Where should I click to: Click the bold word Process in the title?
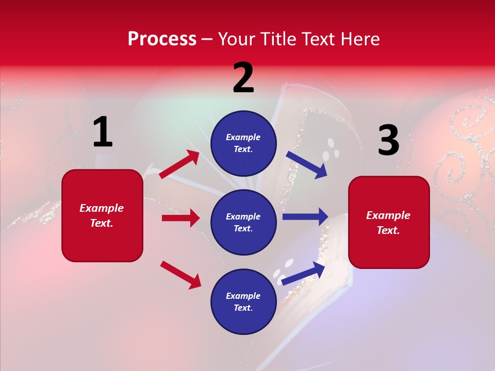coord(162,39)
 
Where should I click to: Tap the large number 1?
coord(102,132)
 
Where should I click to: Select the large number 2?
coord(243,78)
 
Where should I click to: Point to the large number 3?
coord(388,141)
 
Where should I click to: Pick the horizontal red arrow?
coord(180,218)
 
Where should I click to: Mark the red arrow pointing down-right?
coord(180,275)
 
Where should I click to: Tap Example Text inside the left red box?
coord(102,215)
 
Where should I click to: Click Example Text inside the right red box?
coord(388,223)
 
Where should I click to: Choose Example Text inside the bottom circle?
coord(243,302)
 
